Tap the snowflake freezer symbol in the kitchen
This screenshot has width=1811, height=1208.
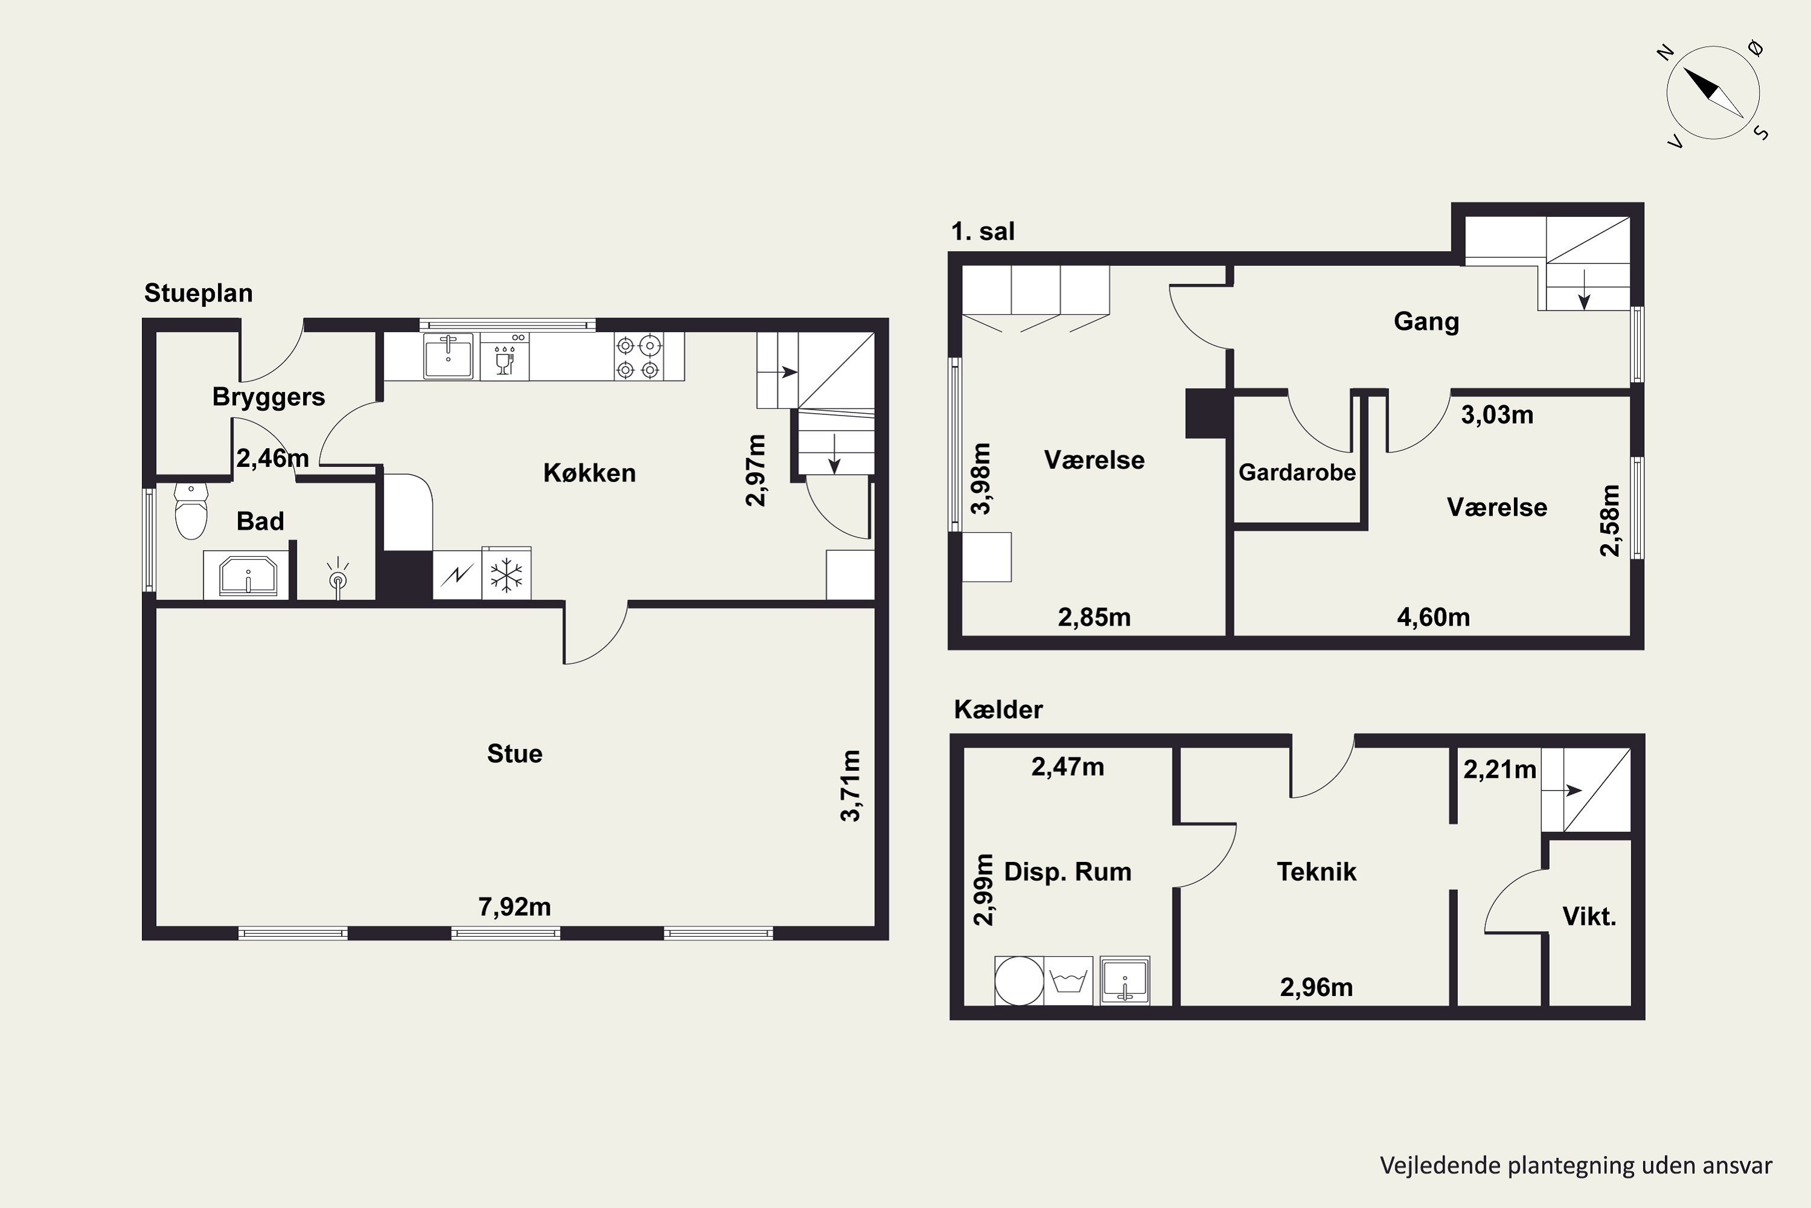(x=506, y=574)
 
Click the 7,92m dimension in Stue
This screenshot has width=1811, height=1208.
(x=514, y=907)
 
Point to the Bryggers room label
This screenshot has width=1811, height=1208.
(x=269, y=397)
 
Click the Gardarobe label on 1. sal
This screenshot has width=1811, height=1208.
(x=1297, y=472)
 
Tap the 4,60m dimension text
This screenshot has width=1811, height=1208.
(x=1433, y=617)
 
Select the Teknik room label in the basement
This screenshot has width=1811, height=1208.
(x=1316, y=872)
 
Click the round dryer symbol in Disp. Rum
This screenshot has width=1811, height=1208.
(x=1020, y=981)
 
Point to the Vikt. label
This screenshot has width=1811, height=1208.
(x=1588, y=916)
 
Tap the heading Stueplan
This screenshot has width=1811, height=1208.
(x=199, y=293)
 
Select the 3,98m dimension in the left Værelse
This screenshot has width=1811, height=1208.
(x=981, y=478)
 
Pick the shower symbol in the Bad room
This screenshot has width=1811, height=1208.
(x=338, y=577)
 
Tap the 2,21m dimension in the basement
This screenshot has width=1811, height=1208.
(x=1499, y=769)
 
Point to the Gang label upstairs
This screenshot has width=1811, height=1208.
(x=1426, y=321)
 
